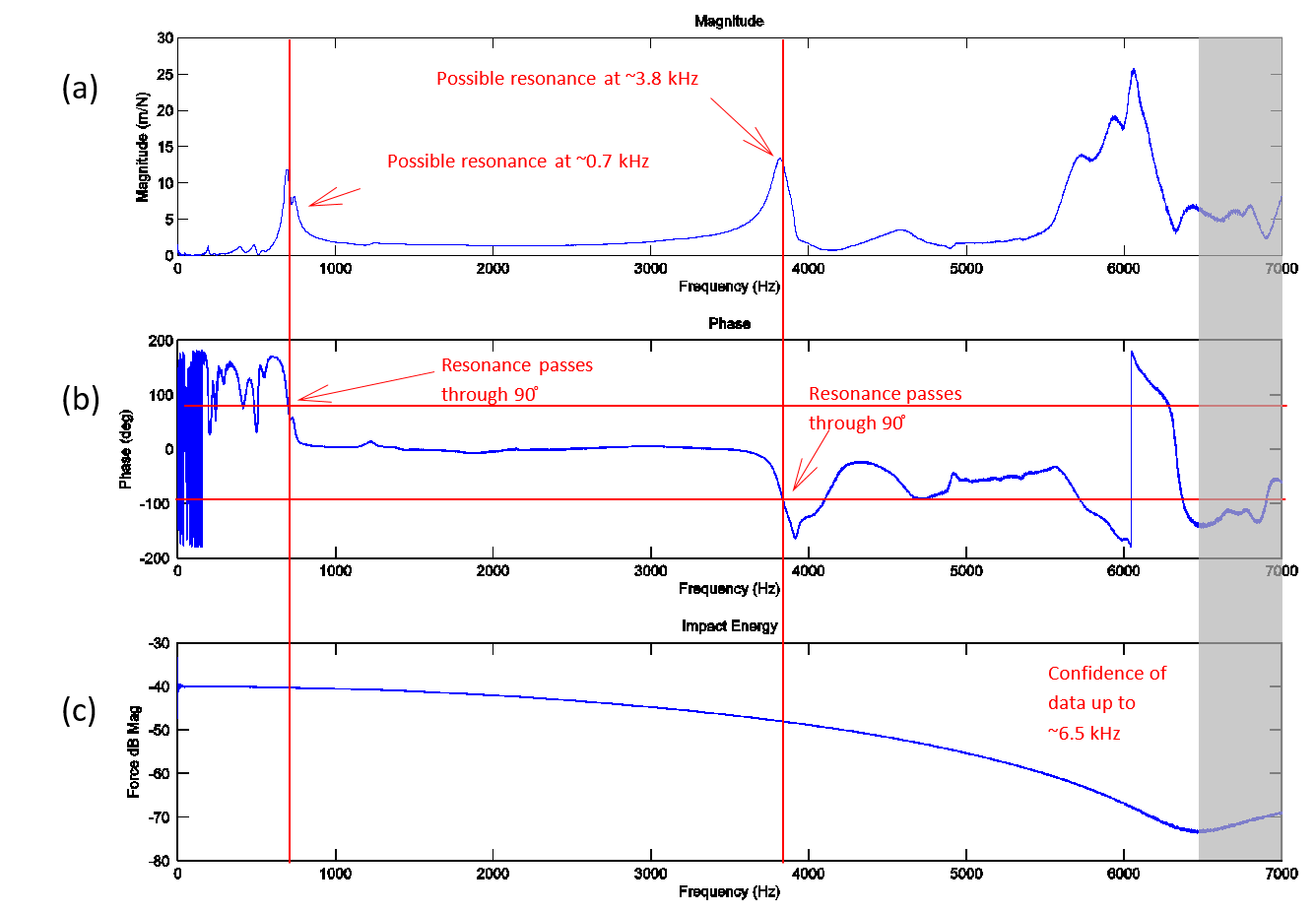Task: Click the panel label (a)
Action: click(80, 89)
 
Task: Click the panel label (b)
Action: click(80, 399)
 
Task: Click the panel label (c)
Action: click(79, 710)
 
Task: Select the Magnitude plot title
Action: click(729, 22)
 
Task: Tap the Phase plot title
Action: click(729, 324)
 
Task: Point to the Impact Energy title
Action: click(729, 626)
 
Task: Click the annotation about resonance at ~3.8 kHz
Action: click(566, 79)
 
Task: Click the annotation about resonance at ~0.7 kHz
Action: click(517, 162)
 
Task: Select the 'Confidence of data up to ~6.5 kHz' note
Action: click(1106, 703)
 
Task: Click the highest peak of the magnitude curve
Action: click(1134, 70)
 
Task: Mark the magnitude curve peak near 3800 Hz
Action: click(780, 159)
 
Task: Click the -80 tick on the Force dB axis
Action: click(160, 861)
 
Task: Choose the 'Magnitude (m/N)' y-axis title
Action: click(143, 148)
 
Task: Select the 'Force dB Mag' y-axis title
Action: click(134, 751)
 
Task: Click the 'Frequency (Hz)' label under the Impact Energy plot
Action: click(729, 892)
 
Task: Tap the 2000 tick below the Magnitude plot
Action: click(493, 269)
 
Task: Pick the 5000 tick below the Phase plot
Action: click(965, 571)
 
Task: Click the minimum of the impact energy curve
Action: click(1198, 831)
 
